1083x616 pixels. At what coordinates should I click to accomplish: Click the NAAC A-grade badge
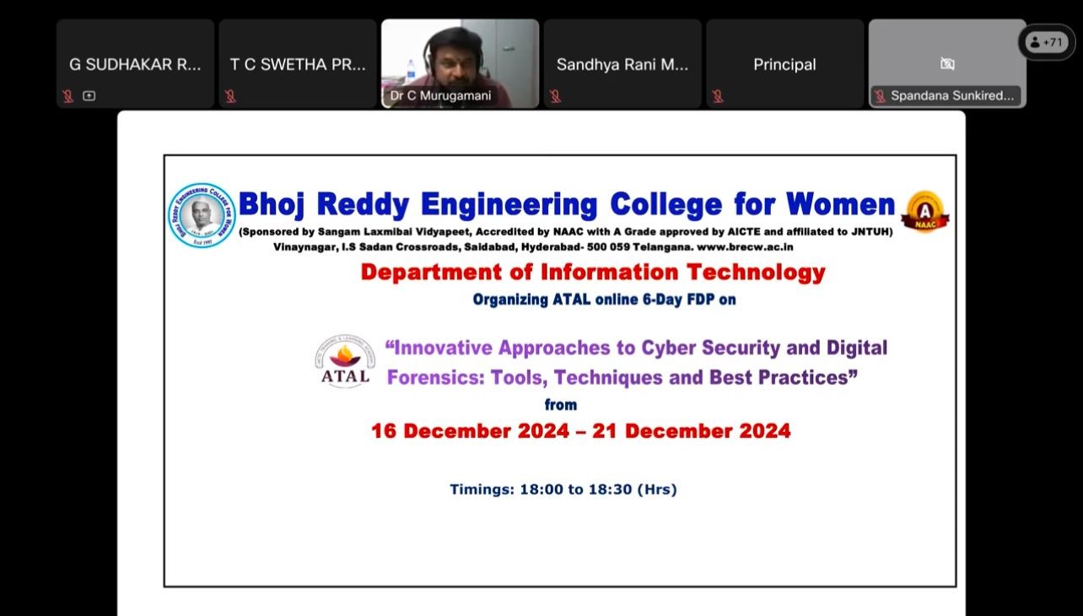point(925,212)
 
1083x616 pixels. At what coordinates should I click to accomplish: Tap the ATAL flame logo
point(345,360)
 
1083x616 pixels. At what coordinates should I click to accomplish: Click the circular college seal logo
point(202,215)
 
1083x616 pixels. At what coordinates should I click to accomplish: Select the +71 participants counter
point(1047,42)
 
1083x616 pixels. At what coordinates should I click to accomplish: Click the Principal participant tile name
point(784,64)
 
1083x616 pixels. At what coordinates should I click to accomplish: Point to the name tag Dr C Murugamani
point(440,95)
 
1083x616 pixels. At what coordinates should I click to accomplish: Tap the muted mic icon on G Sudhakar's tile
point(68,96)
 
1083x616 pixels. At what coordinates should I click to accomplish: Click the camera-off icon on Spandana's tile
point(947,64)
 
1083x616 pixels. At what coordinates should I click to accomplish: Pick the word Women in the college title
point(840,204)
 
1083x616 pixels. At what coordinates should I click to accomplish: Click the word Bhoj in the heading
point(272,205)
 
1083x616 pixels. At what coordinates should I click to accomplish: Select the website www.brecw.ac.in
point(745,247)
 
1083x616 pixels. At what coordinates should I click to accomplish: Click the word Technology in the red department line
point(756,273)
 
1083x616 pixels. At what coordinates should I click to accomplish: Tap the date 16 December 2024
point(470,431)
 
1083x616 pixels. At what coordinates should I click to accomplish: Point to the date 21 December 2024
point(692,431)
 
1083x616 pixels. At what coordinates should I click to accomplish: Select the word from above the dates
point(561,405)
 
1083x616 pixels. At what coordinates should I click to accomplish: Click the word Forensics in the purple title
point(435,378)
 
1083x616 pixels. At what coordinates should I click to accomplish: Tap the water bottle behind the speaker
point(411,69)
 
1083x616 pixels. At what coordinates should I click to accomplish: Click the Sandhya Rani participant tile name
point(622,64)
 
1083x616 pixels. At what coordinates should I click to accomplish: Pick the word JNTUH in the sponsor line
point(872,231)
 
